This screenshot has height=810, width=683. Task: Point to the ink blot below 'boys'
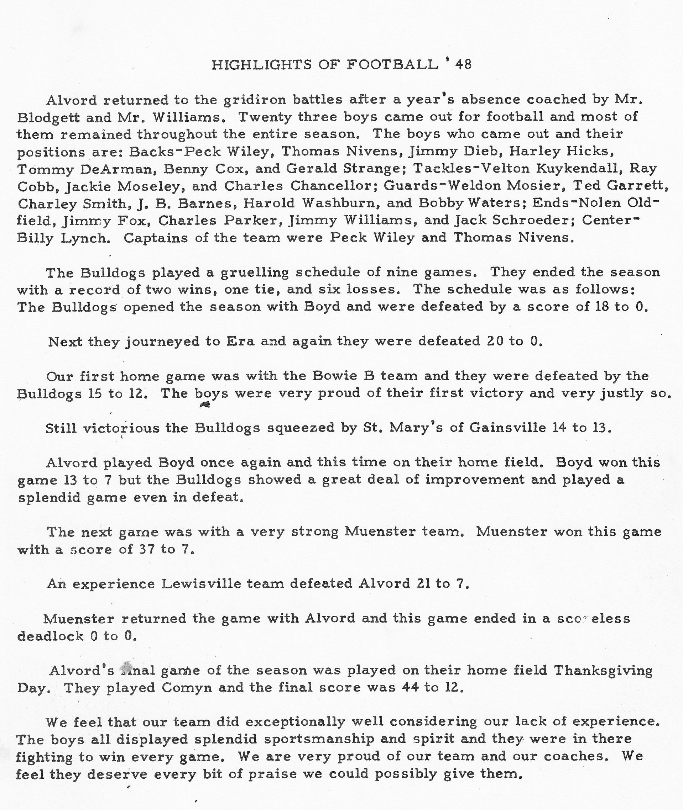click(x=205, y=405)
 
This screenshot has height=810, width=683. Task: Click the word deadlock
click(x=50, y=636)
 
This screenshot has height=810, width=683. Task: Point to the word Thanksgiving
click(x=603, y=670)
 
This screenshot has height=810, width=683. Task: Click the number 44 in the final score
click(x=411, y=688)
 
